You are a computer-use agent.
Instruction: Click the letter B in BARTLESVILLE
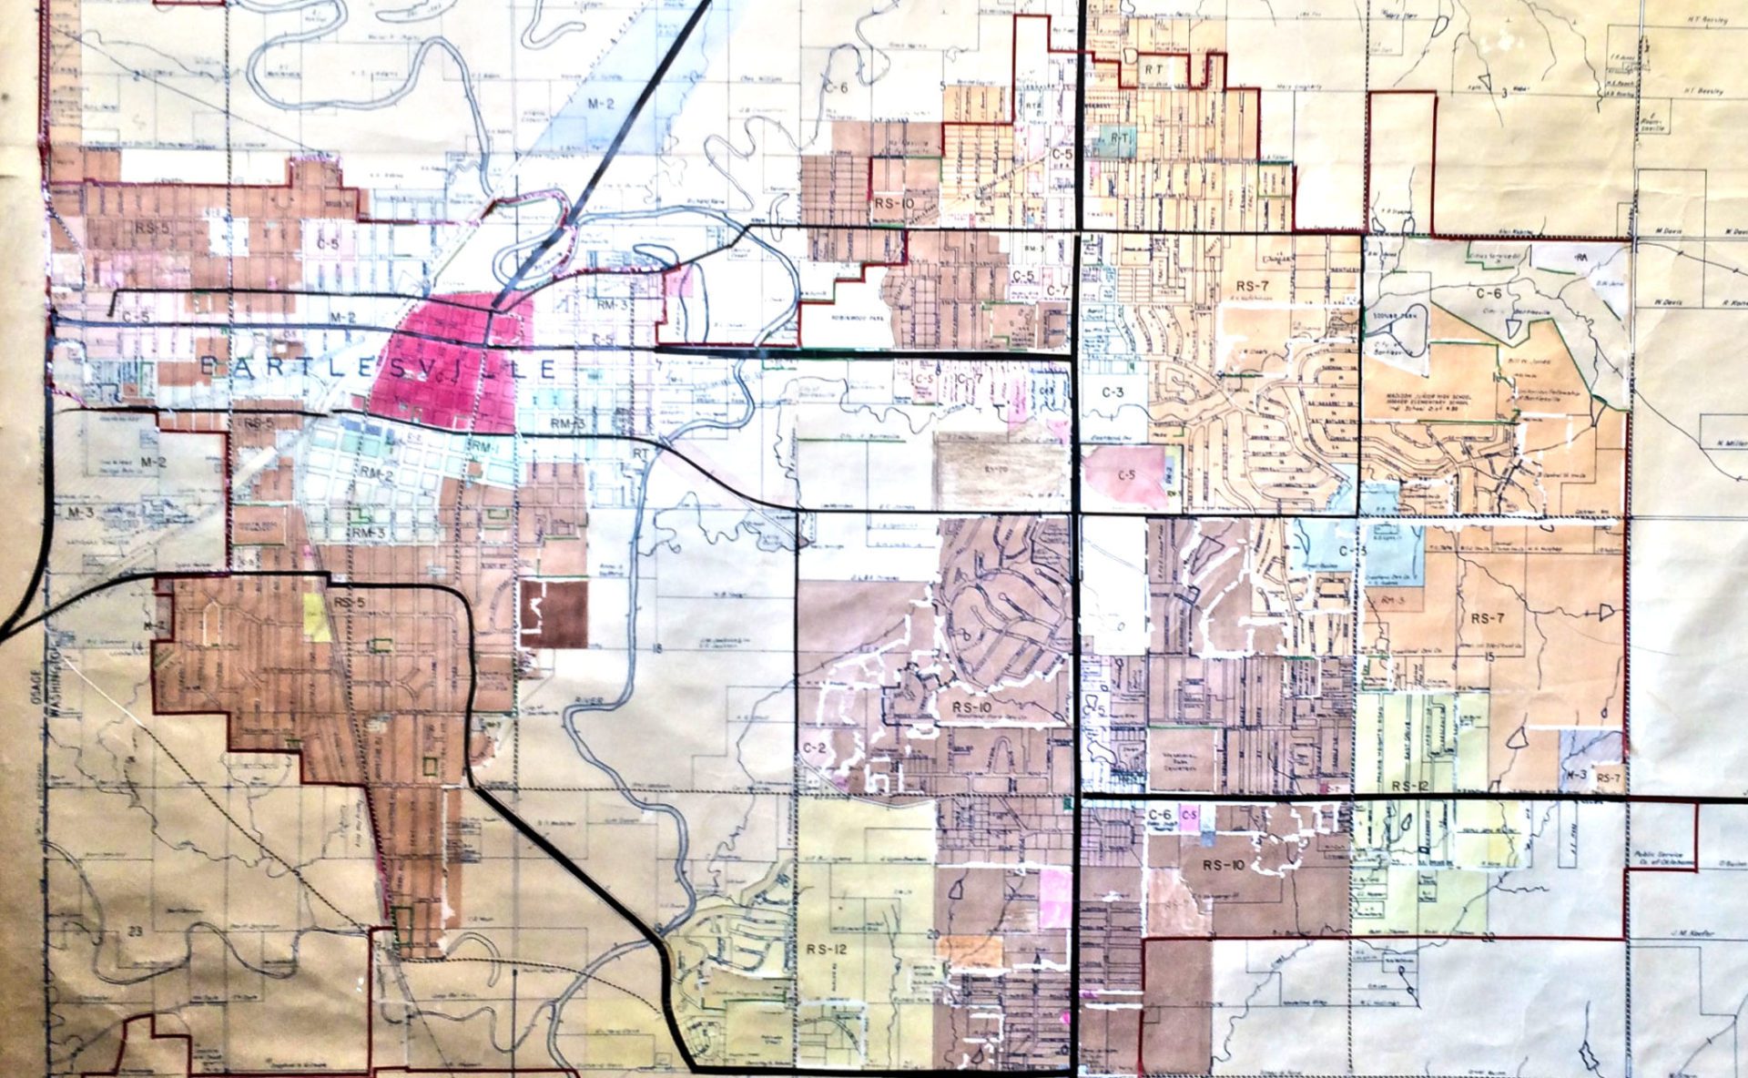(208, 367)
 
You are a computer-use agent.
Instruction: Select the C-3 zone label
(1113, 393)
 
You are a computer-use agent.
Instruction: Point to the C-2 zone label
(815, 747)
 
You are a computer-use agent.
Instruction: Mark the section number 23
(137, 930)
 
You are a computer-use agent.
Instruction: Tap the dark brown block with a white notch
(554, 614)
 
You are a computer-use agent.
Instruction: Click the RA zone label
(1580, 259)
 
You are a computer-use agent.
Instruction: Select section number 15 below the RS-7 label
(1489, 656)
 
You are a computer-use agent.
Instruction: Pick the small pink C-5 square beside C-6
(1188, 815)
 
